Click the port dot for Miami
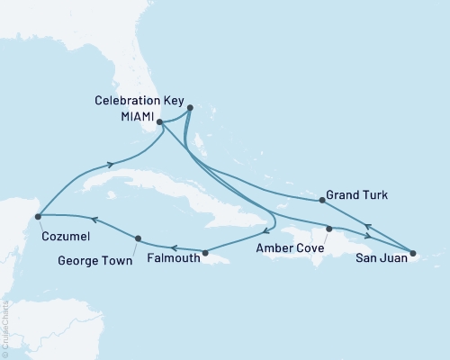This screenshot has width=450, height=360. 159,121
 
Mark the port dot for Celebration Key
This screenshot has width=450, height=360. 190,108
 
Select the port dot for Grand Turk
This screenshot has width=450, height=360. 322,200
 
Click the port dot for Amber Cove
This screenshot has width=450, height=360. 328,229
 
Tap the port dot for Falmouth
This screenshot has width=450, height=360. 205,253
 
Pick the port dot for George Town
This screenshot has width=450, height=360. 137,238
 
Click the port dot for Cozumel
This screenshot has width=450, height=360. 38,216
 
